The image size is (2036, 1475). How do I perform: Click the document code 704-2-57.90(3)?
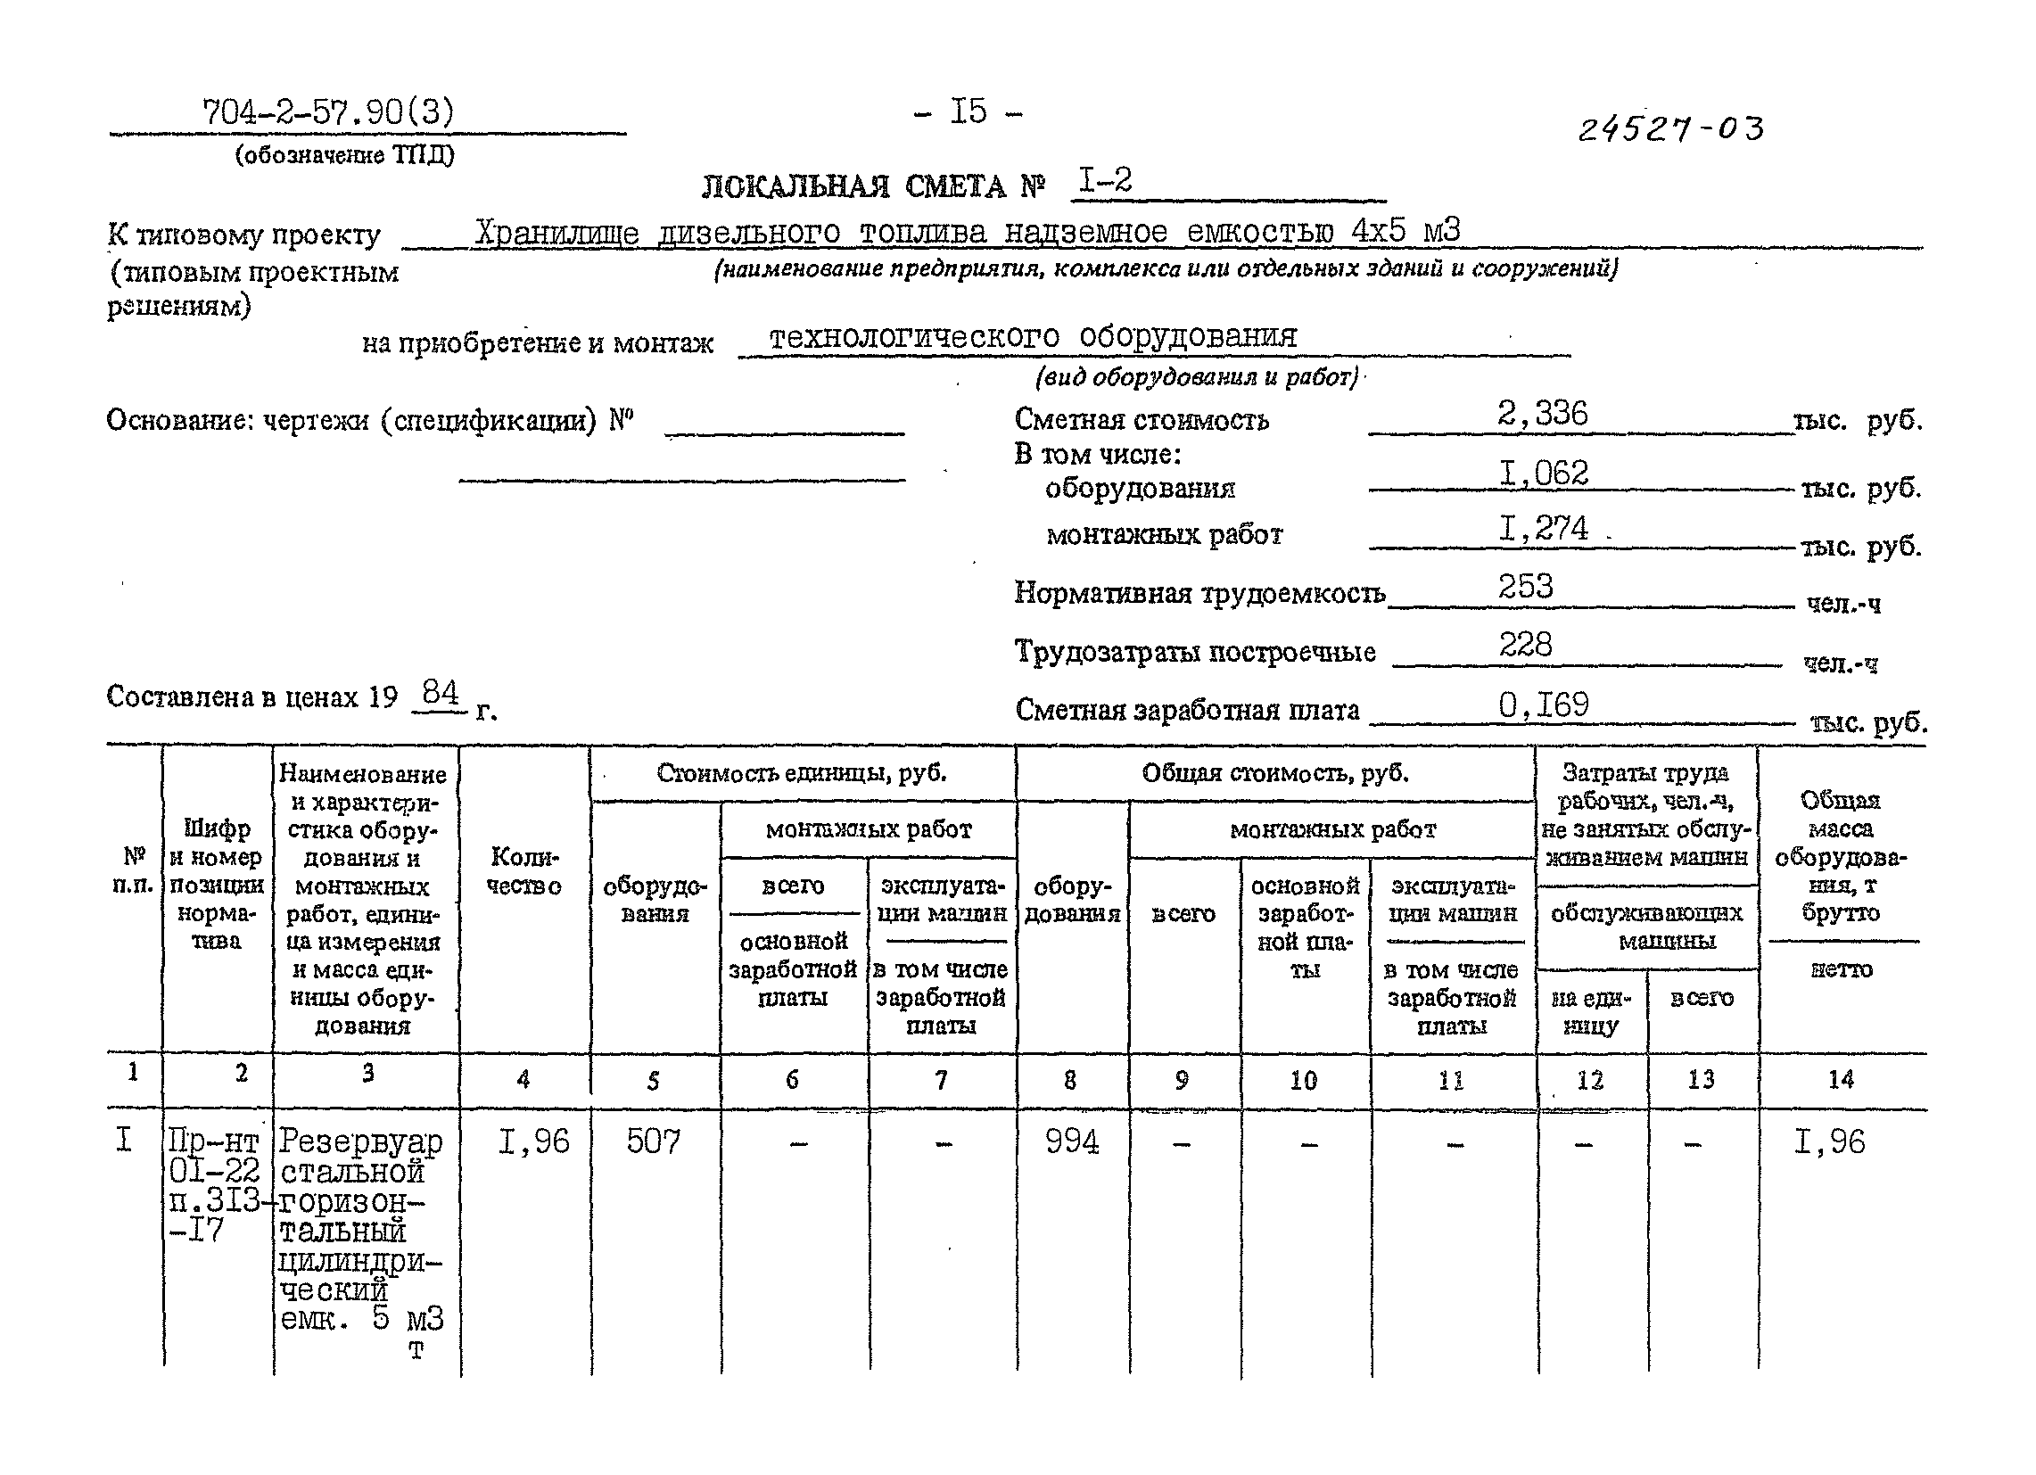pos(328,113)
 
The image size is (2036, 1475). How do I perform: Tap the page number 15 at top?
pos(968,112)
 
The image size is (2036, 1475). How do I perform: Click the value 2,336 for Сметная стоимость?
pos(1542,414)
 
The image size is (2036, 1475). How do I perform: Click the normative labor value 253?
pos(1525,587)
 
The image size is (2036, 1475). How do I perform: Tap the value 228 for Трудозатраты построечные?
pos(1525,645)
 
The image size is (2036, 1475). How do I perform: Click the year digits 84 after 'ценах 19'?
pos(441,693)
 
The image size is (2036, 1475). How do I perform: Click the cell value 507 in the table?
pos(654,1142)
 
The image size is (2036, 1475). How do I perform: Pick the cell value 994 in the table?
pos(1072,1142)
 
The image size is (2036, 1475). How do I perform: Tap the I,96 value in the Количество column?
pos(534,1142)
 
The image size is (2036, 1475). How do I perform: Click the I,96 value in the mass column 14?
pos(1829,1142)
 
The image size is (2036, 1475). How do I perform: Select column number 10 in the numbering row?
pos(1304,1081)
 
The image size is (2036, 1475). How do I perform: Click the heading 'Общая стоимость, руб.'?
pos(1274,773)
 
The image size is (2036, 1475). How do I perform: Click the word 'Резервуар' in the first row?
pos(361,1142)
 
